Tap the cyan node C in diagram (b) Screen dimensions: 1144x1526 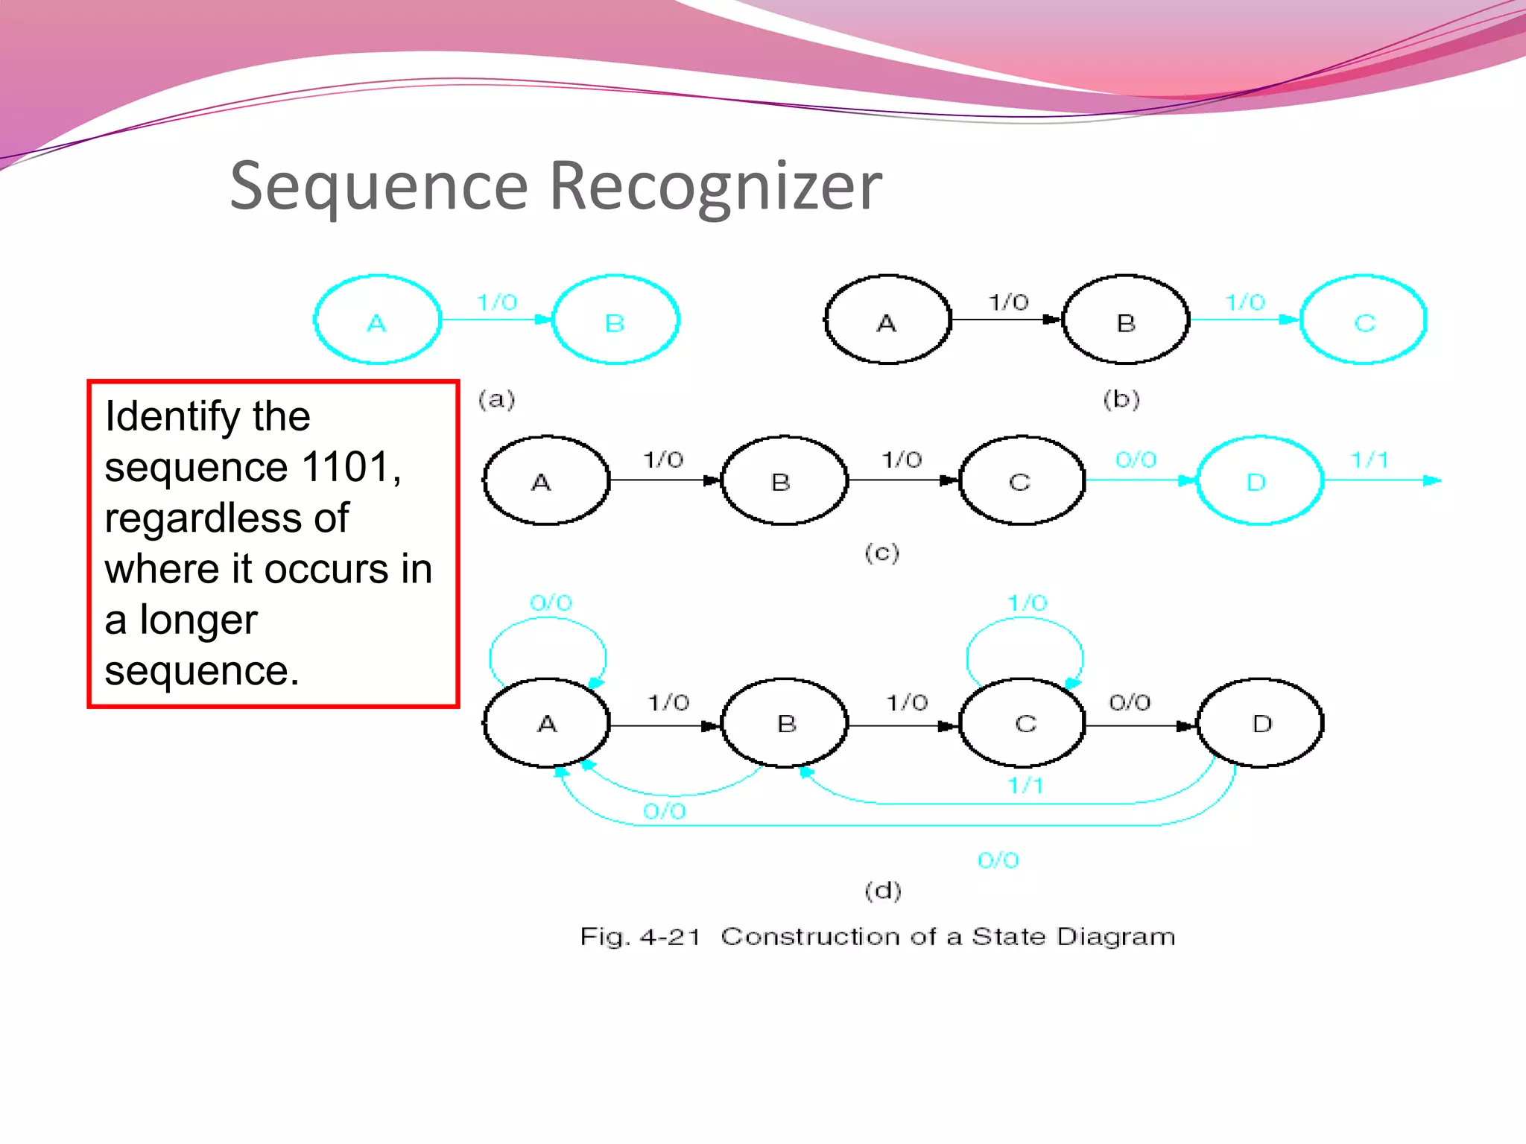1364,320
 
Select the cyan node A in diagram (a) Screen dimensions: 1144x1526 378,320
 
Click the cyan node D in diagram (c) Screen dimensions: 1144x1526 1259,481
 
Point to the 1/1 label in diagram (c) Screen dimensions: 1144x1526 1370,460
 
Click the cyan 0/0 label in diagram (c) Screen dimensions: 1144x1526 1136,460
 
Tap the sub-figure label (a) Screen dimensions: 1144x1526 496,400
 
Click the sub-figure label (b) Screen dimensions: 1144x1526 1121,400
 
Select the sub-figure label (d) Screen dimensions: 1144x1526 883,890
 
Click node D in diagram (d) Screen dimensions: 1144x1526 1261,723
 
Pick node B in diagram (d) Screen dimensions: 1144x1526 785,723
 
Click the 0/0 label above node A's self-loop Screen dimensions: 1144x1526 551,603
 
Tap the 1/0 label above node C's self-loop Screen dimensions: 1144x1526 1028,603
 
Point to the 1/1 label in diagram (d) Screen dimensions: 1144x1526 1025,785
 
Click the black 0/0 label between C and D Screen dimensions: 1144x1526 1130,702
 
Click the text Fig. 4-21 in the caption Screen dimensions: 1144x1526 641,937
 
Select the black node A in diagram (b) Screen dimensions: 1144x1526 887,320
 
